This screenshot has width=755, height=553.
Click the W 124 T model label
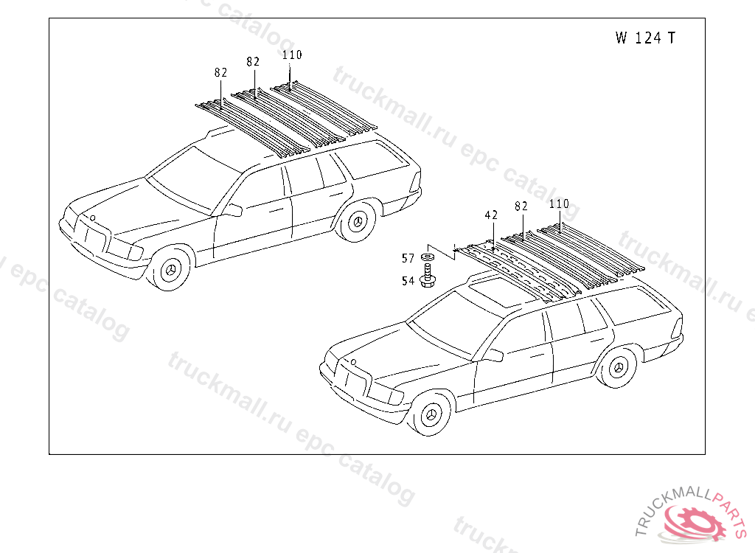tap(644, 38)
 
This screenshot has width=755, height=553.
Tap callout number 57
tap(408, 258)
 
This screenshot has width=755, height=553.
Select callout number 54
tap(408, 281)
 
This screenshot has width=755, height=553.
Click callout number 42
tap(491, 215)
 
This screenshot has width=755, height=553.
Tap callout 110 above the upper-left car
tap(292, 55)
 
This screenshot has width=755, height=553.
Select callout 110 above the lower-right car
tap(559, 204)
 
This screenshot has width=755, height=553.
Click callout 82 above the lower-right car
tap(521, 206)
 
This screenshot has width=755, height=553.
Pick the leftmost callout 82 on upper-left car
tap(220, 72)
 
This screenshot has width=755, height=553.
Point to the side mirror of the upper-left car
tap(232, 211)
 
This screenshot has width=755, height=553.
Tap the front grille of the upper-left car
tap(89, 237)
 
